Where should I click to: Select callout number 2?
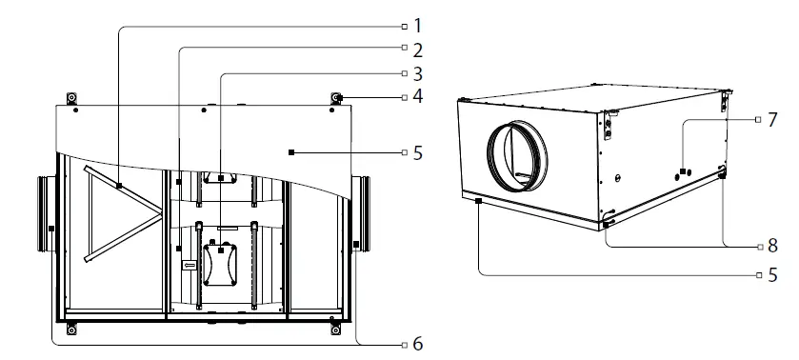[x=417, y=48]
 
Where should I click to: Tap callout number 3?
[x=417, y=72]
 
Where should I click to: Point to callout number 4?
[x=417, y=97]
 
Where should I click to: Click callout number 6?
[x=417, y=343]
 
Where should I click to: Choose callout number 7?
[x=771, y=122]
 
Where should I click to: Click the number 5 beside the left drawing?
[x=417, y=151]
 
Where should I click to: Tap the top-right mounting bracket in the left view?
[x=336, y=99]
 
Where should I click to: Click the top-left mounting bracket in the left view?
[x=70, y=99]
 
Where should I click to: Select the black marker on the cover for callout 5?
[x=292, y=151]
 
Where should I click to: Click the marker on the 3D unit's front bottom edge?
[x=478, y=201]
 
